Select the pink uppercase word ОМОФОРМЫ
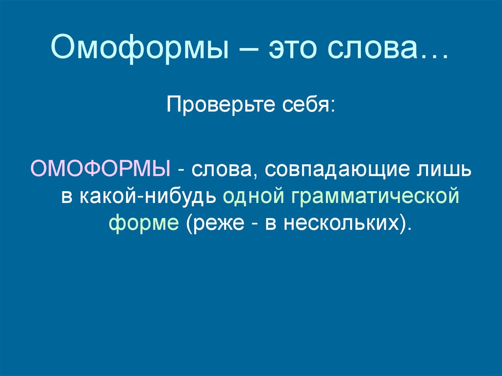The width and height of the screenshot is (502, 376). pyautogui.click(x=100, y=170)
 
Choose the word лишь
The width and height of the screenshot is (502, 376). pyautogui.click(x=447, y=170)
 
